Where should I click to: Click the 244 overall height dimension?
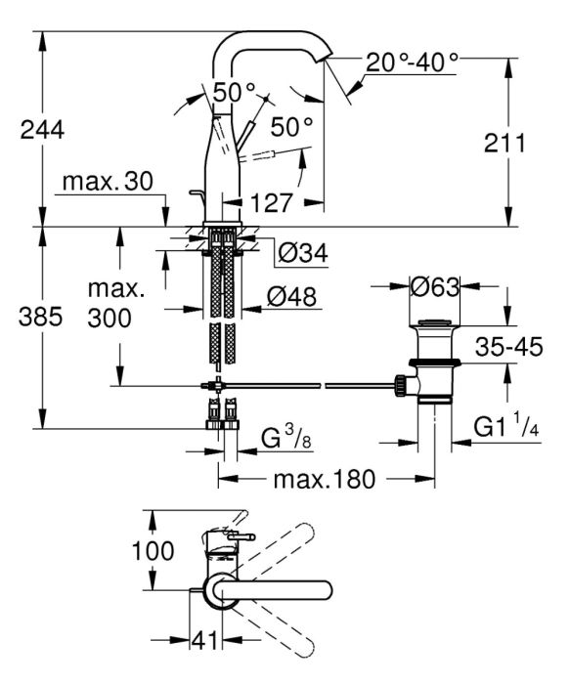[42, 130]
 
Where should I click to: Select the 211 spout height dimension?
[504, 143]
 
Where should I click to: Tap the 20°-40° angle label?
[412, 63]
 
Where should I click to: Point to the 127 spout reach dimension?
[271, 202]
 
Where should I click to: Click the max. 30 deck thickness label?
[108, 182]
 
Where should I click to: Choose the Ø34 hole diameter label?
[303, 252]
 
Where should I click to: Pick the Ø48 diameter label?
[291, 297]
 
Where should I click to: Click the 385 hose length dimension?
[41, 317]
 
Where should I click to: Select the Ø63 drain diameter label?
[435, 286]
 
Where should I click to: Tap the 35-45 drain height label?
[509, 347]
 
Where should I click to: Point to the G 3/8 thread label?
[286, 438]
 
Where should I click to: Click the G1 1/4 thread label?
[506, 426]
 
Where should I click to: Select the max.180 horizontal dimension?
[325, 479]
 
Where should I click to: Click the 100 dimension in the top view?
[153, 550]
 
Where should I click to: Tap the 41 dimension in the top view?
[204, 640]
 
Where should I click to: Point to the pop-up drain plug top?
[434, 322]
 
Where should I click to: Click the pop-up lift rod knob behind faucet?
[195, 192]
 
